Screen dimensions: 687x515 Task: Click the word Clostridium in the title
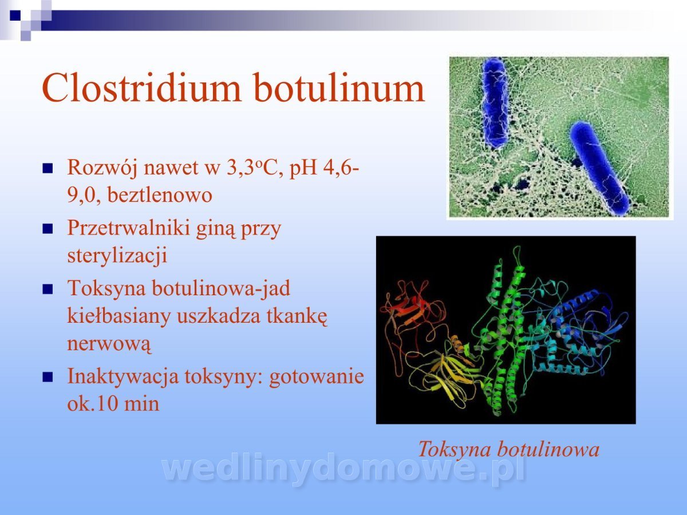pos(141,88)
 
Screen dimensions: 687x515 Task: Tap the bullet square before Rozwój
pos(48,169)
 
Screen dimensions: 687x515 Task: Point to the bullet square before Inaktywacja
pos(48,378)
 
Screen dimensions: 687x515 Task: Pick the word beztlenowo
pos(160,195)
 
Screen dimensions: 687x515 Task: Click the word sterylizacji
pos(117,255)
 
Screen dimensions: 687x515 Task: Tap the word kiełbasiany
pos(119,315)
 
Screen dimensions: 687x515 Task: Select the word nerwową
pos(109,343)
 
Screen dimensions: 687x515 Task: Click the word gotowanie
pos(317,377)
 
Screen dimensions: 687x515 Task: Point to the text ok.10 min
pos(113,403)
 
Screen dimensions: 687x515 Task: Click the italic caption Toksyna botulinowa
pos(508,449)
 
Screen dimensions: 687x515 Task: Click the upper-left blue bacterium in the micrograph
pos(495,102)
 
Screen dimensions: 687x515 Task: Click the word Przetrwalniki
pos(129,228)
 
